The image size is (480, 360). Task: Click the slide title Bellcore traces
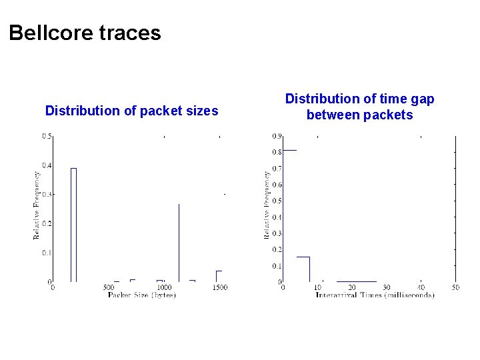click(x=85, y=33)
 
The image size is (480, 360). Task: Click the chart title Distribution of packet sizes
click(x=131, y=111)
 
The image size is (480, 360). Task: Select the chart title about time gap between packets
click(x=359, y=107)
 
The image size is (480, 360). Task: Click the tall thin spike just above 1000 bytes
click(x=179, y=243)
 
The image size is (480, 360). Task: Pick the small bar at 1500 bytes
click(x=218, y=276)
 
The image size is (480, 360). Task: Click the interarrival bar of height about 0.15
click(x=303, y=269)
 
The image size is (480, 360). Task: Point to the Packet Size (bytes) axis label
click(x=141, y=295)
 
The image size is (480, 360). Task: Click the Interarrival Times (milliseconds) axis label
click(x=375, y=295)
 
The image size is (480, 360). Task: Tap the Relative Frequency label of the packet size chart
click(x=37, y=205)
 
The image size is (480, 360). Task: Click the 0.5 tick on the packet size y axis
click(x=47, y=136)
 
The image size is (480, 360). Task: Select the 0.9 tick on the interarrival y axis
click(x=276, y=136)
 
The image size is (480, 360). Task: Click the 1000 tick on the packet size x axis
click(x=164, y=287)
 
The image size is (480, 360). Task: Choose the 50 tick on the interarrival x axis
click(x=455, y=287)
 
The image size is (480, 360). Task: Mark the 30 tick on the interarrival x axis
click(x=386, y=287)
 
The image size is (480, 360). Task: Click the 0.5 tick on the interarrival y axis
click(x=276, y=201)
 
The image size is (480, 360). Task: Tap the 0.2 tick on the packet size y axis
click(x=47, y=224)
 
